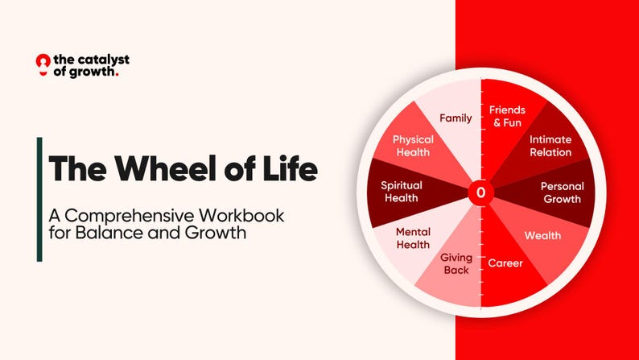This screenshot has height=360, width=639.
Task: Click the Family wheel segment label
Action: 456,118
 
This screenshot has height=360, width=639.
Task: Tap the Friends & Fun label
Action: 507,116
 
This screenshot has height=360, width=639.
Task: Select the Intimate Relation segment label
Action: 550,146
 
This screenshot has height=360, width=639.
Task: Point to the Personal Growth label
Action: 563,192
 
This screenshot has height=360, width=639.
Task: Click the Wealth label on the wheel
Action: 543,236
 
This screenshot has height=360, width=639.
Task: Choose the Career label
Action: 505,263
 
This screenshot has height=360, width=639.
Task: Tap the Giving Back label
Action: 456,264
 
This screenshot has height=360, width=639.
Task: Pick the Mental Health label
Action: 413,238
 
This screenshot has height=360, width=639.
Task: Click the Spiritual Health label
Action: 402,192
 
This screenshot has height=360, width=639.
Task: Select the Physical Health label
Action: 413,146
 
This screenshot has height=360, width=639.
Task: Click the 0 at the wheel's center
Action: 481,192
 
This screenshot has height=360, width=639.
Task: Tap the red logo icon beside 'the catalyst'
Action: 43,63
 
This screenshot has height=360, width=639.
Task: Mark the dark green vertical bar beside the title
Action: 39,199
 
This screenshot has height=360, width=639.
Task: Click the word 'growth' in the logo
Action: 93,72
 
